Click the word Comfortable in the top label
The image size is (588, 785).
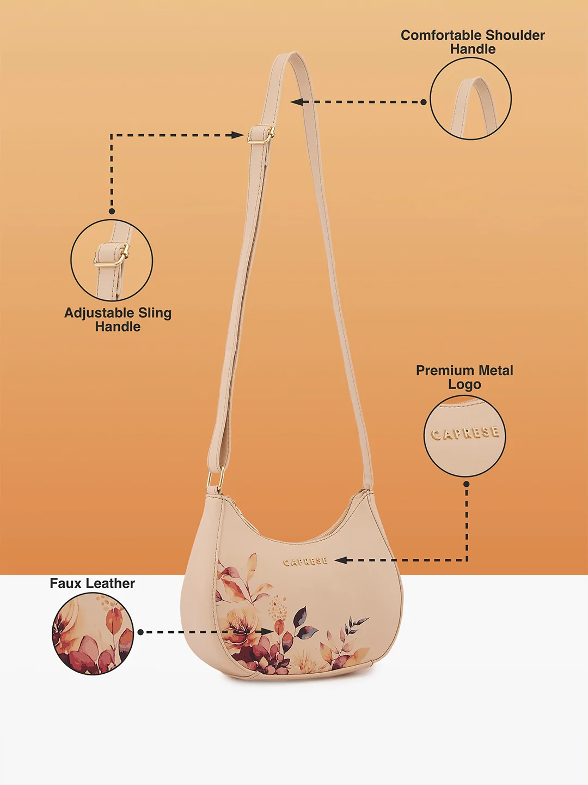tap(441, 35)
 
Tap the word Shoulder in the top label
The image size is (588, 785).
tap(515, 35)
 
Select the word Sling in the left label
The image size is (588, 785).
tap(155, 313)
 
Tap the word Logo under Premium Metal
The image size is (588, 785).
tap(464, 385)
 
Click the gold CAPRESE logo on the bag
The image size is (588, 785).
tap(305, 561)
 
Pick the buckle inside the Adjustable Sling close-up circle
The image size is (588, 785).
tap(112, 255)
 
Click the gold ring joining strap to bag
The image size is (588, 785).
tap(216, 478)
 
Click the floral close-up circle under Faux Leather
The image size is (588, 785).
tap(93, 633)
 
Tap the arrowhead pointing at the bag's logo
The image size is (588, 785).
tap(341, 560)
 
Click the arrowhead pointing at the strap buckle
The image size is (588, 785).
tap(237, 135)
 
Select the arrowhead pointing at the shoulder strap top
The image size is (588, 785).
tap(297, 102)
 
